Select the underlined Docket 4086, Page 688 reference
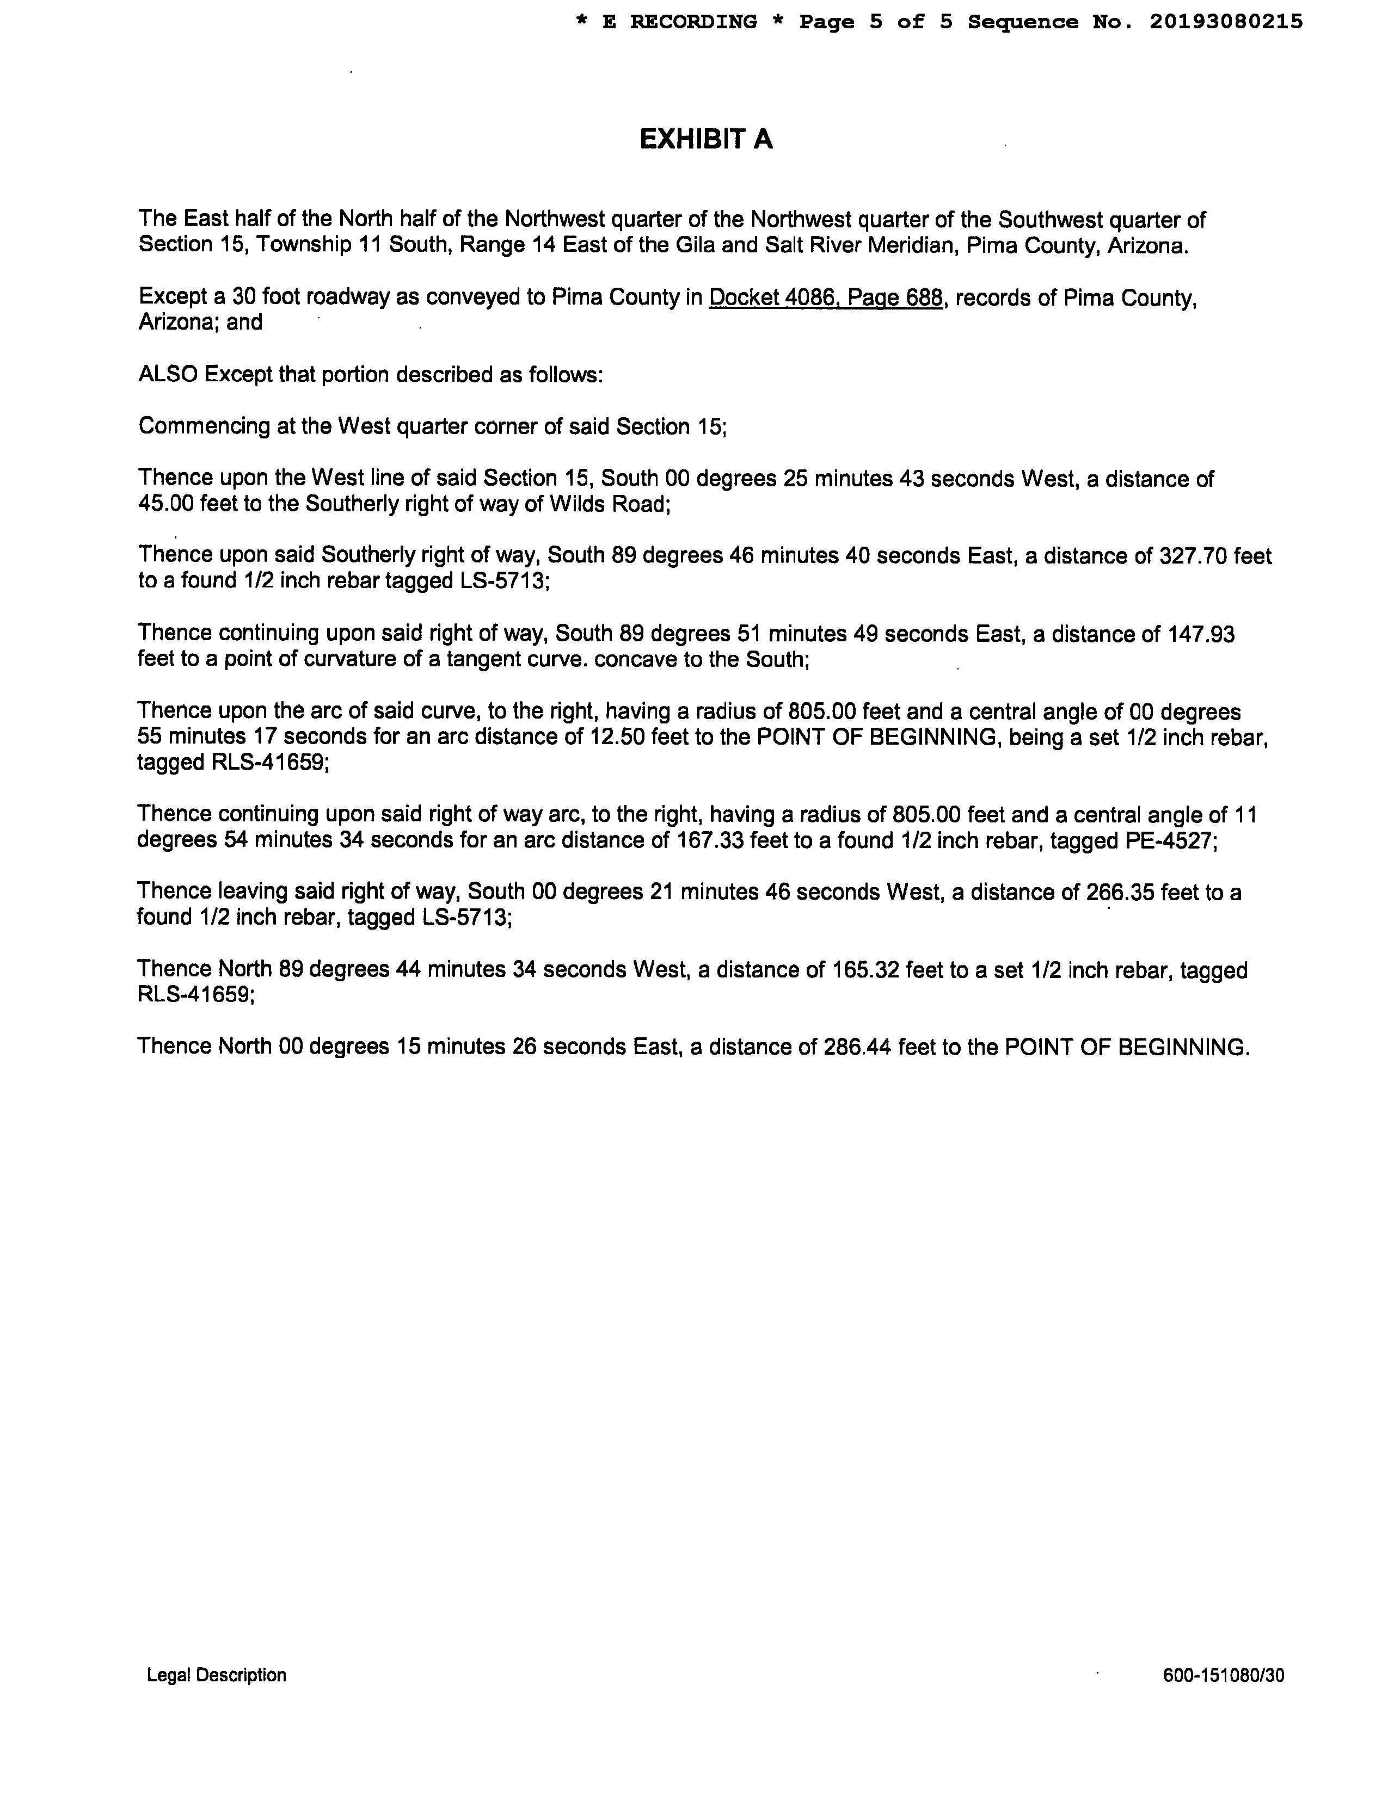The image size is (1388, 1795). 826,298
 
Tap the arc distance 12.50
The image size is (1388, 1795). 618,737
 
